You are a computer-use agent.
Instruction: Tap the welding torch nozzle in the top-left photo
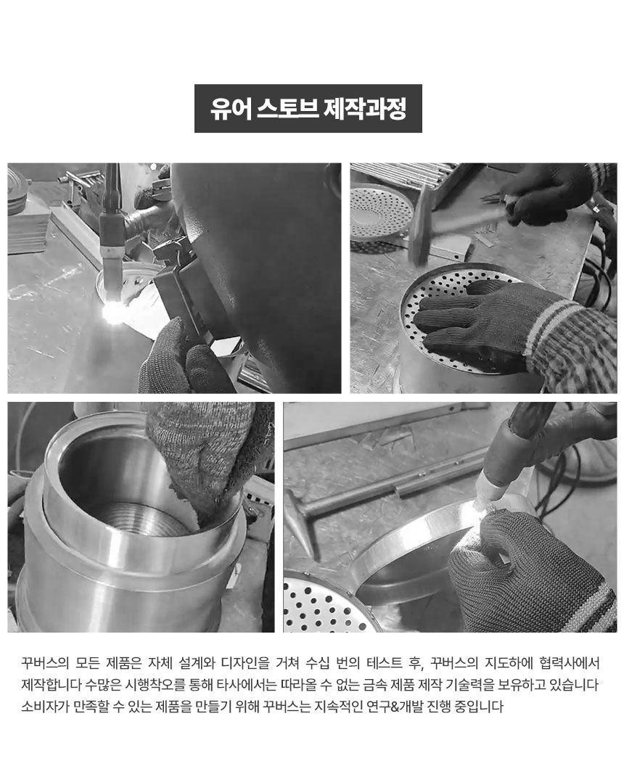(x=110, y=252)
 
